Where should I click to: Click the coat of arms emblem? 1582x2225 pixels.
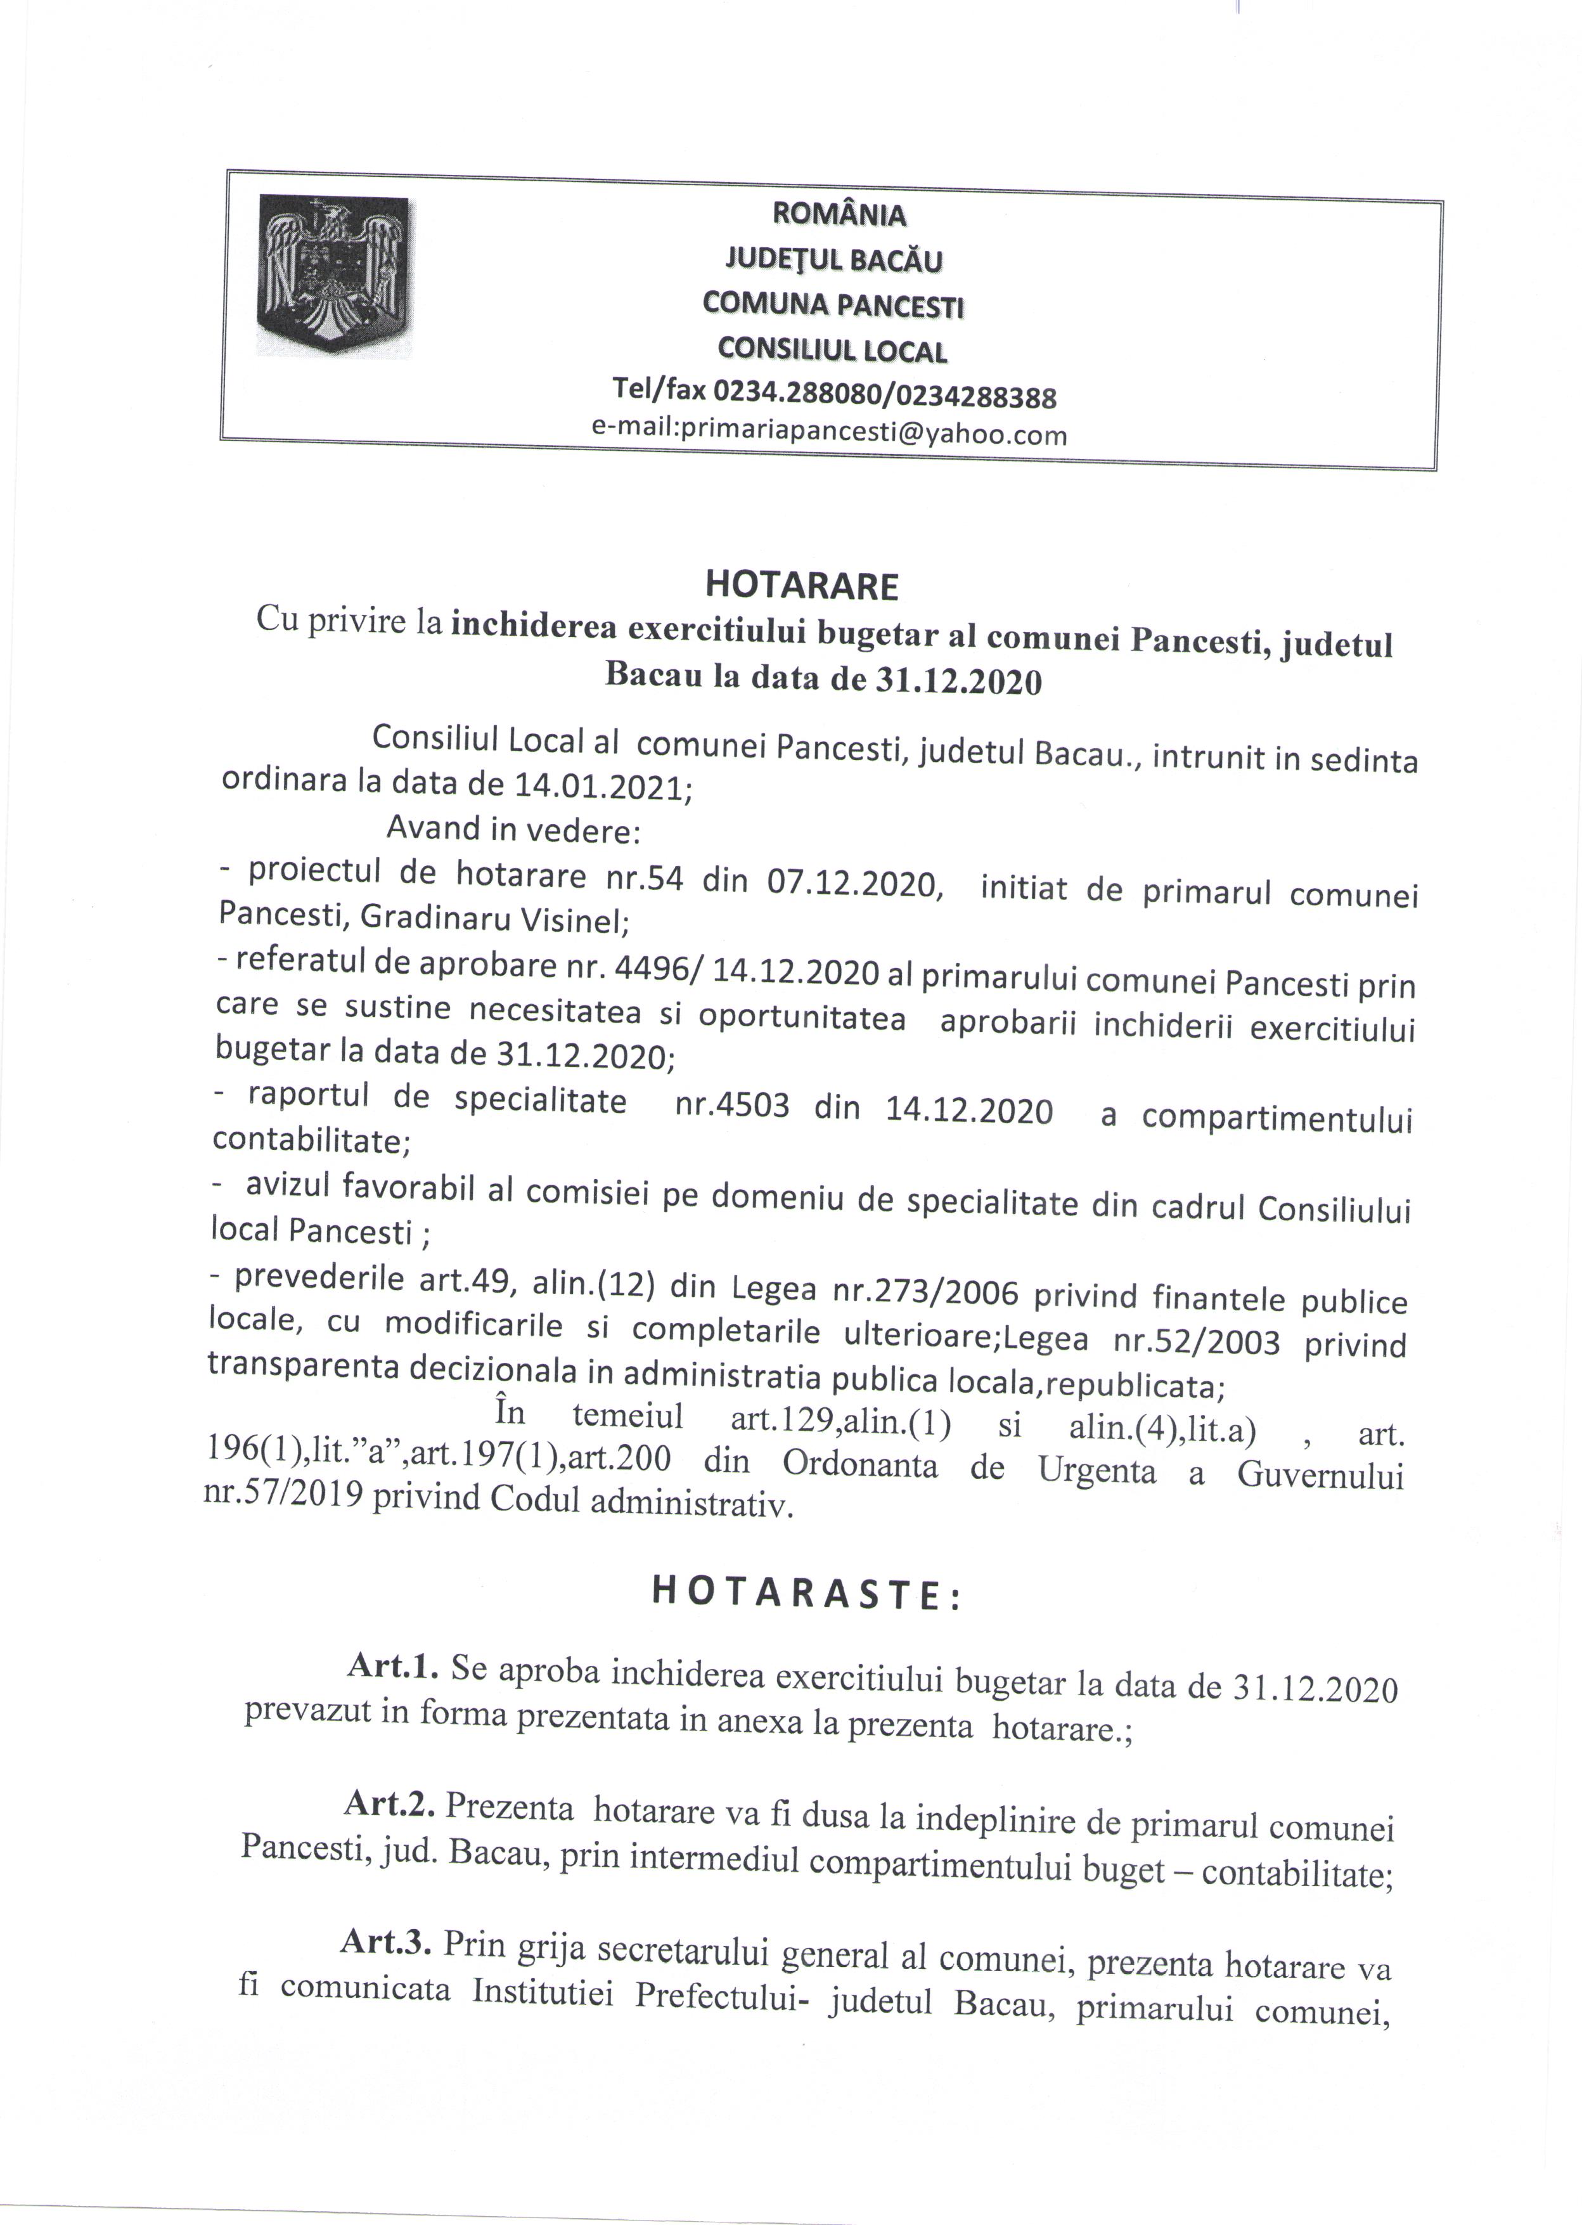point(332,274)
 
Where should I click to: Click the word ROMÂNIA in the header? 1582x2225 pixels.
point(838,214)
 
